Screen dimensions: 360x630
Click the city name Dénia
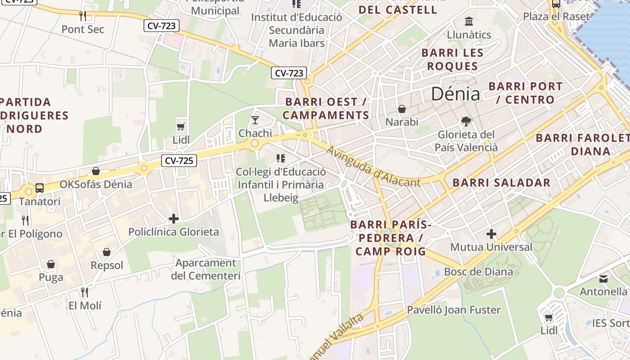coord(455,94)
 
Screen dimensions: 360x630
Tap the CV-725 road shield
coord(179,160)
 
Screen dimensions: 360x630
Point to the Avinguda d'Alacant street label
coord(373,166)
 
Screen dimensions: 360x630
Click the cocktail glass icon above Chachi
coord(255,120)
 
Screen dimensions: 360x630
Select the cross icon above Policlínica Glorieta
coord(174,219)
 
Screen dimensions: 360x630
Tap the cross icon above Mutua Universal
coord(491,234)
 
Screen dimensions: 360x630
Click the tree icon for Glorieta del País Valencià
coord(466,121)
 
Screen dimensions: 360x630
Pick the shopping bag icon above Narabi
coord(402,109)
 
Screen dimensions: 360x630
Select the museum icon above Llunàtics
coord(469,21)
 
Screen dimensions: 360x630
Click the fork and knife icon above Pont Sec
coord(83,16)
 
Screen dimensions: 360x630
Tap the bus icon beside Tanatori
coord(40,188)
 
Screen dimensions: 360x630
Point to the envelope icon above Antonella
coord(603,279)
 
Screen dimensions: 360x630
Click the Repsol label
coord(107,265)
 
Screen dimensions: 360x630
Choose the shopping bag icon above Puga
coord(51,264)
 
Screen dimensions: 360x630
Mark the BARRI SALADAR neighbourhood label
coord(501,183)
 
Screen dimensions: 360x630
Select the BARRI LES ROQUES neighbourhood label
coord(452,59)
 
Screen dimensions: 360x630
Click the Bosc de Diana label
coord(478,272)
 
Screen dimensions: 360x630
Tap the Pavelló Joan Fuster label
coord(454,310)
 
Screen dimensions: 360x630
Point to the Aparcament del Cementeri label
coord(206,269)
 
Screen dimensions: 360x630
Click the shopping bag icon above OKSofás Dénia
coord(96,171)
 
